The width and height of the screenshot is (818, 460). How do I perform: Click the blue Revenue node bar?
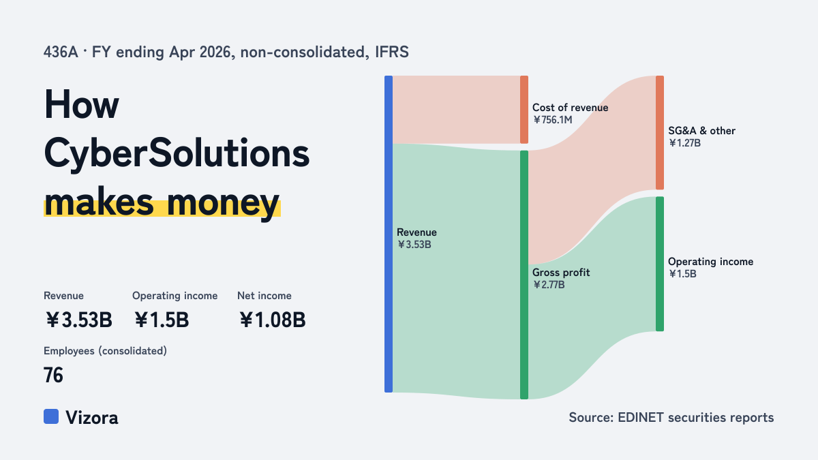pos(389,234)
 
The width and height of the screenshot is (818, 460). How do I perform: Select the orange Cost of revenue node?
pos(524,110)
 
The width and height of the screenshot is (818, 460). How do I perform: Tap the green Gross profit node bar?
pos(524,275)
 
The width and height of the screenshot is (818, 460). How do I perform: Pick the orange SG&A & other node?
pos(660,132)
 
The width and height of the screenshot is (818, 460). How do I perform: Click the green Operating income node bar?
pos(660,264)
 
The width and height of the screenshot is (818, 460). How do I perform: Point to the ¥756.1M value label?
pos(553,120)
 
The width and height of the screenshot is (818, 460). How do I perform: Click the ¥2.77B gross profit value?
pos(549,285)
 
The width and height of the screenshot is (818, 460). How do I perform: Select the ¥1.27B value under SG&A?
pos(684,143)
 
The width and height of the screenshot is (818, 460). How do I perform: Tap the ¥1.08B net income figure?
pos(273,320)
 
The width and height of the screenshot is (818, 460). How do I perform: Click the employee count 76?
pos(53,375)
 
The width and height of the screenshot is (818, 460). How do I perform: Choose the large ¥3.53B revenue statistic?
pos(79,320)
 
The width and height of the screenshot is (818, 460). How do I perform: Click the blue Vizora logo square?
pos(51,416)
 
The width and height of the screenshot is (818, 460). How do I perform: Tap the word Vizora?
pos(92,418)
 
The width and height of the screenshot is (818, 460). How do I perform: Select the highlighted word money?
pos(223,203)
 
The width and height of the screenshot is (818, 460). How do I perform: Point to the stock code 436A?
pos(61,52)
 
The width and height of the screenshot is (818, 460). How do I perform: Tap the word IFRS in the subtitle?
pos(392,52)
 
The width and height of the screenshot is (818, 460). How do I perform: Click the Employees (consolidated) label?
pos(105,351)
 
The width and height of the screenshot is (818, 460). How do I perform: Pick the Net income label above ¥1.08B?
pos(264,296)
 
